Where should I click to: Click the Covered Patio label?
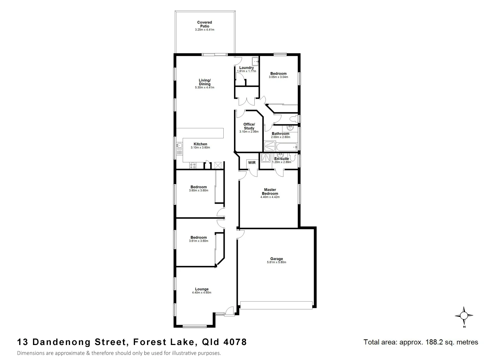(204, 24)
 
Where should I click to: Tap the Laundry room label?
(246, 68)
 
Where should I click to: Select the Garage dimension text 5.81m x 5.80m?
(276, 262)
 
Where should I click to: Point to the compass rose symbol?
(464, 315)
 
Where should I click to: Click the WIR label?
(252, 163)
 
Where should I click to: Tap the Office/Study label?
(249, 126)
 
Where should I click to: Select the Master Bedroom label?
(270, 192)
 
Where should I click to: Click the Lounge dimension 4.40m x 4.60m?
(201, 293)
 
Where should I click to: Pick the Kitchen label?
(200, 144)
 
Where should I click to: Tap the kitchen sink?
(179, 145)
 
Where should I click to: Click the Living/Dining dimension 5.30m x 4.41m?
(204, 88)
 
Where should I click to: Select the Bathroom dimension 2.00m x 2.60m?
(280, 137)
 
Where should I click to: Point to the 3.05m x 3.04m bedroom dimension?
(278, 77)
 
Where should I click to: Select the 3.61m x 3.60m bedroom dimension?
(198, 241)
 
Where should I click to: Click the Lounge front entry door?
(229, 311)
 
